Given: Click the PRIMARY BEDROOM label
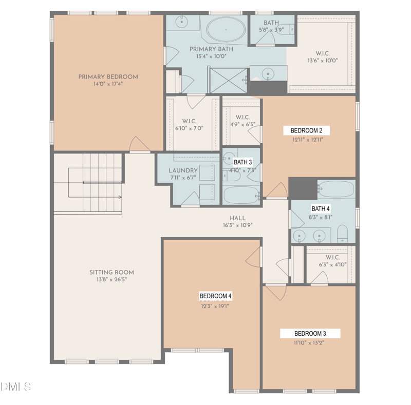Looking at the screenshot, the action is [x=108, y=77].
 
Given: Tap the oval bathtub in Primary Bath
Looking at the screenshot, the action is [x=226, y=29].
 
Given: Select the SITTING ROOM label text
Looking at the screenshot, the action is [x=111, y=272].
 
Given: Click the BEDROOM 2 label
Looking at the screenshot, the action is [x=306, y=130].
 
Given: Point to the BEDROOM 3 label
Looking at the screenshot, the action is [x=310, y=334].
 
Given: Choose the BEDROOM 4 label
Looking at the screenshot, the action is [x=215, y=296].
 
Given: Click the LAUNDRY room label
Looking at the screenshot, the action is [x=183, y=170].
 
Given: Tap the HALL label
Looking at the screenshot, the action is [x=238, y=218].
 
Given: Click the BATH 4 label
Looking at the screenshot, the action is [x=320, y=209].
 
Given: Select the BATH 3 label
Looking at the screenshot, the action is [x=242, y=162].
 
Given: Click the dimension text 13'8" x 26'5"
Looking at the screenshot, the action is [x=111, y=280].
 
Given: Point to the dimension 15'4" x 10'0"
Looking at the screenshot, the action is [x=211, y=56].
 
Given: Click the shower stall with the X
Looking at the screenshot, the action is [x=229, y=81].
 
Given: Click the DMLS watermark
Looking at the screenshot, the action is [x=15, y=387].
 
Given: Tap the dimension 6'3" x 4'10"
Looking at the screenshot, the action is [x=332, y=264].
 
